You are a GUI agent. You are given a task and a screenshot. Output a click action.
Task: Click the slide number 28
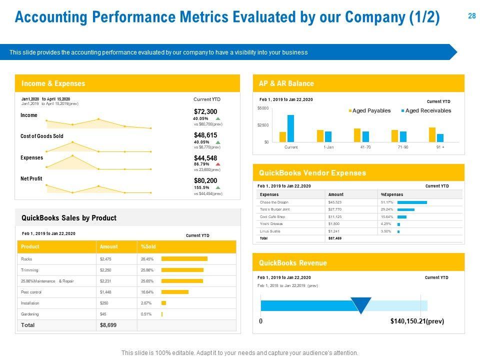point(471,16)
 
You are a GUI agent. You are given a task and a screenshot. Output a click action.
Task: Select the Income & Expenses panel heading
point(53,83)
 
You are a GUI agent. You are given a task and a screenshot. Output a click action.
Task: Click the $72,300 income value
point(205,111)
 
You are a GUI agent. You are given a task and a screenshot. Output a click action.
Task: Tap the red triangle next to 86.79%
point(217,164)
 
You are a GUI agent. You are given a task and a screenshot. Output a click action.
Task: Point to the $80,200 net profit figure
point(205,181)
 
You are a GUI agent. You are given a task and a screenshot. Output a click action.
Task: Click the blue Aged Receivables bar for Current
point(290,128)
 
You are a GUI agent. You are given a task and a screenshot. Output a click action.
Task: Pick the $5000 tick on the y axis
point(263,108)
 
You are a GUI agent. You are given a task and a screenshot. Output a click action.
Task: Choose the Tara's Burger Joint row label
point(274,209)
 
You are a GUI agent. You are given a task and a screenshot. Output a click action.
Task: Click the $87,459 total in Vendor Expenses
point(334,238)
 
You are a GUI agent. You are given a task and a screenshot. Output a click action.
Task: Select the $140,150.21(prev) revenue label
point(416,321)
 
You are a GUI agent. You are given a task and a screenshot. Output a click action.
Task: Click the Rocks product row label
point(26,259)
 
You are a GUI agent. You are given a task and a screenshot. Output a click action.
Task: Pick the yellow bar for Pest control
point(174,292)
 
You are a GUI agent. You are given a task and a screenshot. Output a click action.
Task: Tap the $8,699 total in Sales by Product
point(109,325)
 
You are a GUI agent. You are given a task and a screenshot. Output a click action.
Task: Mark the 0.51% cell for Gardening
point(147,314)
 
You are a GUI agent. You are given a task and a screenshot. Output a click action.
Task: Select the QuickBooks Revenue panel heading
point(292,263)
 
